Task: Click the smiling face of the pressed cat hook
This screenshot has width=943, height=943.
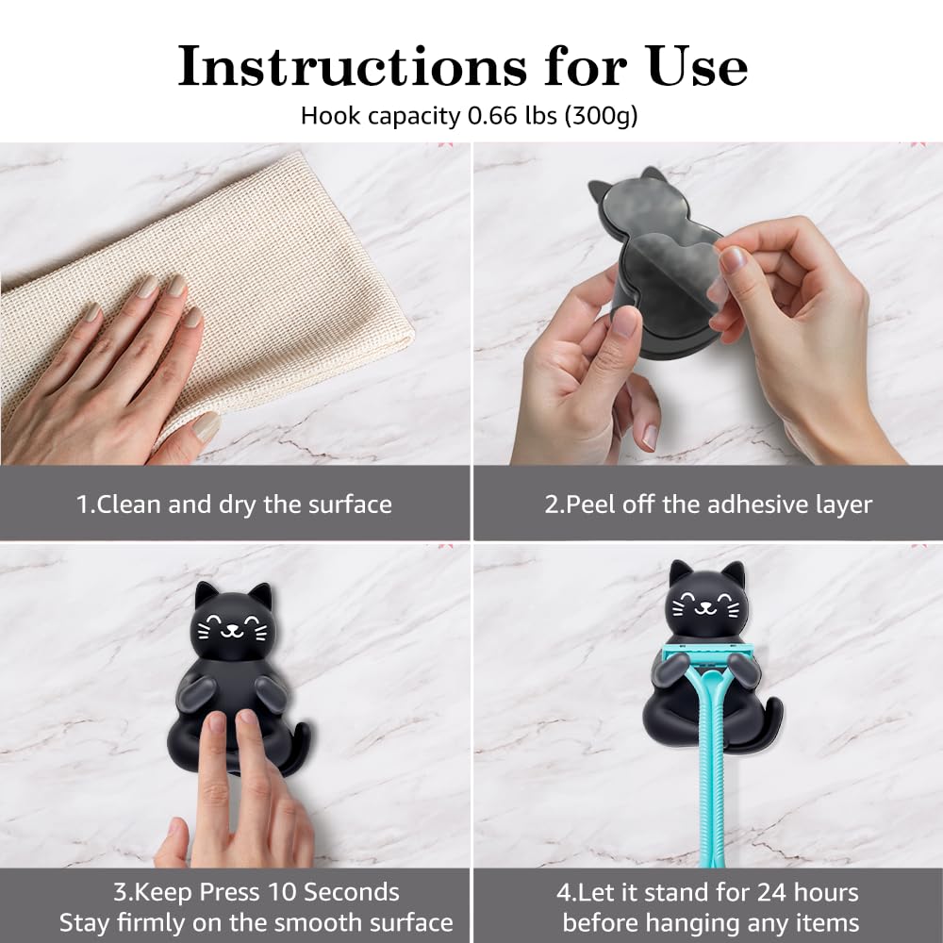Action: click(x=233, y=627)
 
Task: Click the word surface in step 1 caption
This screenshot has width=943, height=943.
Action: click(x=350, y=505)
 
